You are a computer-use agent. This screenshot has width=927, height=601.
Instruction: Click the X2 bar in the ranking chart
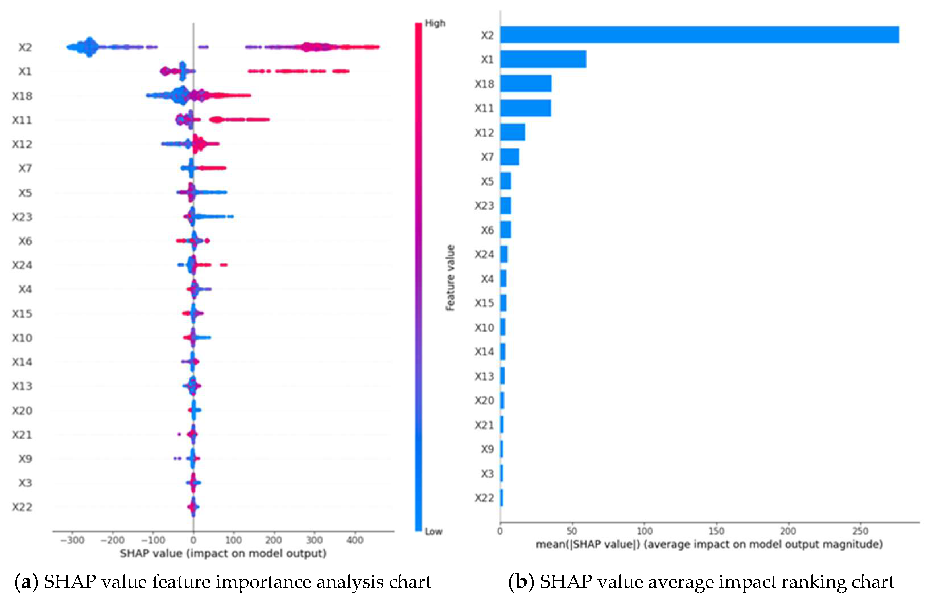699,35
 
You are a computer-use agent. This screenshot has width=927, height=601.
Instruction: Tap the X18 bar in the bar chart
525,83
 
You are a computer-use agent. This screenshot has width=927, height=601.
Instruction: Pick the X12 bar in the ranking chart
512,132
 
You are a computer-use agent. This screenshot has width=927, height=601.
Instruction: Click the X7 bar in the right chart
509,157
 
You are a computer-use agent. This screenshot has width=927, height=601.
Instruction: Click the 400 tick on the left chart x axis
354,540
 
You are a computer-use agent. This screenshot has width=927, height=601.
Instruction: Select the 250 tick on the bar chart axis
860,531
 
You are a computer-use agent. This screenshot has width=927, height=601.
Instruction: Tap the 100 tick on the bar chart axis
644,531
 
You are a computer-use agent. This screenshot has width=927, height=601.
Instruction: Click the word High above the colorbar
435,23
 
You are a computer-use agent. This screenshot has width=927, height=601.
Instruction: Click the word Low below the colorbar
433,532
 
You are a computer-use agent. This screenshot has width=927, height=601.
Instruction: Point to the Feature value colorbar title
450,278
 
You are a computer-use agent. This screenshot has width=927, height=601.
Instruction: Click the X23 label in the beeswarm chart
22,217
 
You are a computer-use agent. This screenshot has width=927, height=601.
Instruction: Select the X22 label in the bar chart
484,498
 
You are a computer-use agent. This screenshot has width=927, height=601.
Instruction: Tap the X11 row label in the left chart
22,120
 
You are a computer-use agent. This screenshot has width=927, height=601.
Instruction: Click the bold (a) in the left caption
26,582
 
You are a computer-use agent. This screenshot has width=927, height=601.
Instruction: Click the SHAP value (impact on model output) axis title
223,553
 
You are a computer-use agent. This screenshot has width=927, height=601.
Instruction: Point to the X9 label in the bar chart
487,449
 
